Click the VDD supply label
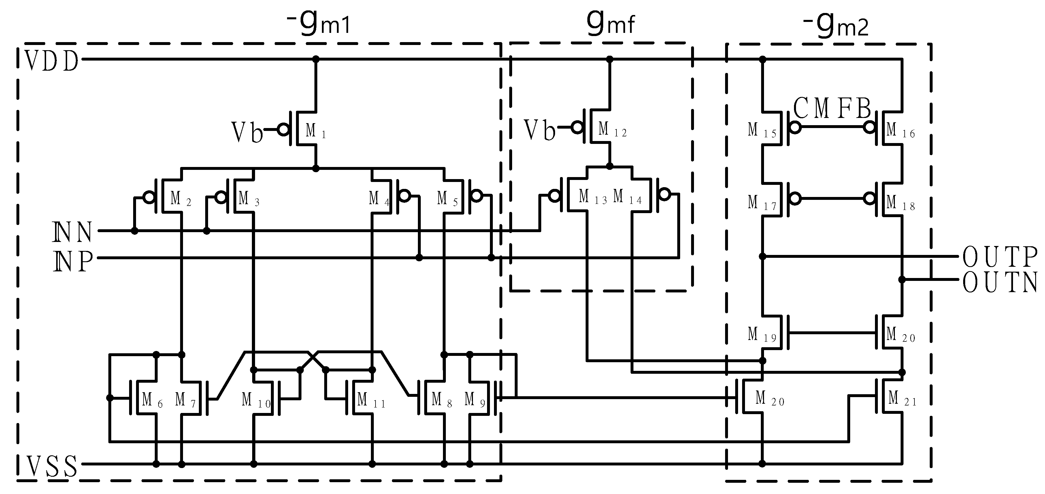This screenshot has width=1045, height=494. point(52,62)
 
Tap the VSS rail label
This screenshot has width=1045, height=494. point(52,466)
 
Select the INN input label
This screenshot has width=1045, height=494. point(73,232)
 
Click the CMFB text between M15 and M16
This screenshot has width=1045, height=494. point(832,109)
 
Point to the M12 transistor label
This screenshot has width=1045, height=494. point(612,130)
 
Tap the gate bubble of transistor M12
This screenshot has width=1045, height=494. point(576,128)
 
